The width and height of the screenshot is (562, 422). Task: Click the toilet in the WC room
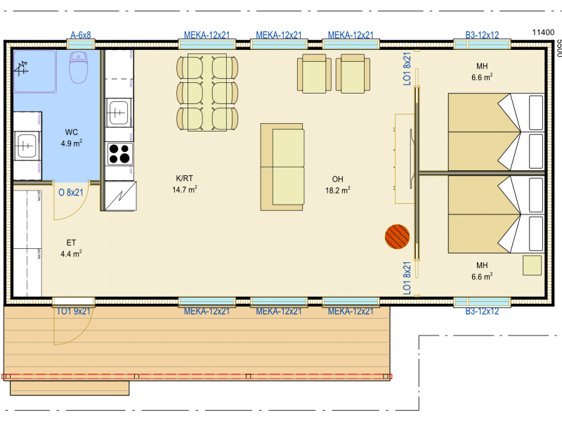(79, 67)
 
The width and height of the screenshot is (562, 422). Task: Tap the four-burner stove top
(119, 153)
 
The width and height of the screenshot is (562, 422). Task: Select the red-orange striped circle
(397, 236)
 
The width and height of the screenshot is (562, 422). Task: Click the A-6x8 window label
(81, 35)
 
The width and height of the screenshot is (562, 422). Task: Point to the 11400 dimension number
(543, 32)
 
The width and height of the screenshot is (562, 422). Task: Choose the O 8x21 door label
(71, 192)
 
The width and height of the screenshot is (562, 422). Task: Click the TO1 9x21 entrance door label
(73, 311)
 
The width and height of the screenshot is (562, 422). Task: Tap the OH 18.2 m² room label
(338, 184)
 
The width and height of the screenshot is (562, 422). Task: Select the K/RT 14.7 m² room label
(185, 184)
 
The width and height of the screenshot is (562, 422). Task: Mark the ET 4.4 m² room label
(71, 248)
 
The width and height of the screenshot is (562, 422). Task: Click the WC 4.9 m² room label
(72, 137)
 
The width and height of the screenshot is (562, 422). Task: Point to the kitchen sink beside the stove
(118, 113)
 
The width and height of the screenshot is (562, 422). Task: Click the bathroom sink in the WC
(26, 146)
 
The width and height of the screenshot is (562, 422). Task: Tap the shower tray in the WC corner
(34, 72)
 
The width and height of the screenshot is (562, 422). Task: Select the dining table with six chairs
(207, 92)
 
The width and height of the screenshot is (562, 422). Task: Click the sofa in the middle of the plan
(282, 167)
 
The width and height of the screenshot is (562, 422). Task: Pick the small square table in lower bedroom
(532, 266)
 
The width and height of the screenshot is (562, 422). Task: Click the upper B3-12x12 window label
(482, 35)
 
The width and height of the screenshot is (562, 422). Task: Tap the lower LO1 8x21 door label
(407, 278)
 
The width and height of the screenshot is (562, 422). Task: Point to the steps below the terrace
(70, 388)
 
